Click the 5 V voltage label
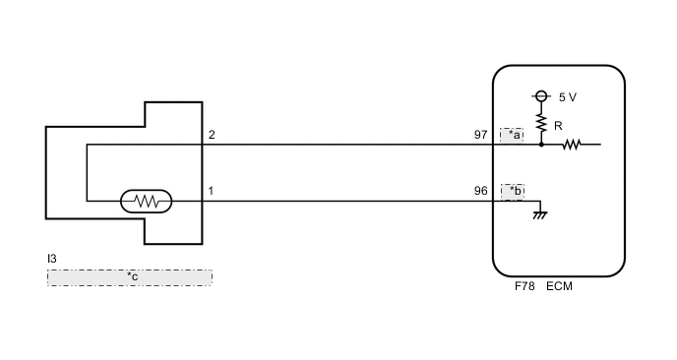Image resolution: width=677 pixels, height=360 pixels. (x=568, y=97)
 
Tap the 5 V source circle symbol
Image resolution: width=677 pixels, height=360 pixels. (x=540, y=96)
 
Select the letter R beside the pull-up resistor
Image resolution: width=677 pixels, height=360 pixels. (x=558, y=125)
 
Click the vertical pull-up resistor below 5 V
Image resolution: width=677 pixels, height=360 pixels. (x=540, y=122)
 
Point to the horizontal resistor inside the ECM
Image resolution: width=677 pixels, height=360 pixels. (x=572, y=145)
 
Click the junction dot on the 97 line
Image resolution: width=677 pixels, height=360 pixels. (x=540, y=145)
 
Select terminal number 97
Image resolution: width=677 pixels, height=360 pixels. (x=481, y=135)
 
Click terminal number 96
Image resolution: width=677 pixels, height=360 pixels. (x=481, y=191)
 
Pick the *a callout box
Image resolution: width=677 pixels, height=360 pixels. (x=512, y=135)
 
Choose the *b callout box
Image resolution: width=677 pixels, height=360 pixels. (x=512, y=191)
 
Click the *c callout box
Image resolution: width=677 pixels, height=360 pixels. (x=130, y=277)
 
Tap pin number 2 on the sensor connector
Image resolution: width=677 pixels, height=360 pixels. (x=211, y=135)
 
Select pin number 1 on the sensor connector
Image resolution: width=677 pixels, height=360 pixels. (x=211, y=191)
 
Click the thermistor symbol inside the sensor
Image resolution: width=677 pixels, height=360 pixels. (x=147, y=202)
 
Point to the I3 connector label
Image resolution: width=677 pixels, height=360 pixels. (x=52, y=259)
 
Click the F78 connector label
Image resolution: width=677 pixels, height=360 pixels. (x=524, y=287)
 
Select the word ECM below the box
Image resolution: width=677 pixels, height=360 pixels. (x=558, y=287)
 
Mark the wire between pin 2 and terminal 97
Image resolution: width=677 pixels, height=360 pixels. (x=344, y=145)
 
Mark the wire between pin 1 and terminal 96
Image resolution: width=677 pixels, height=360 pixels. (x=344, y=202)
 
